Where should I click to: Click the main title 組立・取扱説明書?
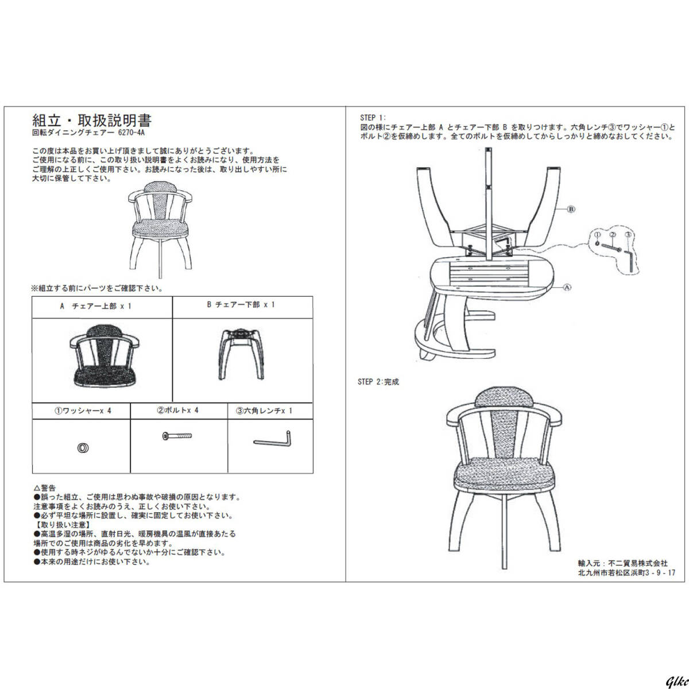92,121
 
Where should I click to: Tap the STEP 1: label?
373,118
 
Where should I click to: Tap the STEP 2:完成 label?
378,382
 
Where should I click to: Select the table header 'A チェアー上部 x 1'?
96,307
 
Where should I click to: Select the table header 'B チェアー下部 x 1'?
241,305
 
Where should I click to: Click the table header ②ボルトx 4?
178,411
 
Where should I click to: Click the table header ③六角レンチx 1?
264,411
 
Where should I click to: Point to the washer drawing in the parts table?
83,448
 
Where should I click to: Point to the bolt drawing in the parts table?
179,437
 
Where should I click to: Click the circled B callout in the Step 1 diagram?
571,209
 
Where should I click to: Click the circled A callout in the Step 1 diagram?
567,287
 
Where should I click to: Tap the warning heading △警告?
45,488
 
